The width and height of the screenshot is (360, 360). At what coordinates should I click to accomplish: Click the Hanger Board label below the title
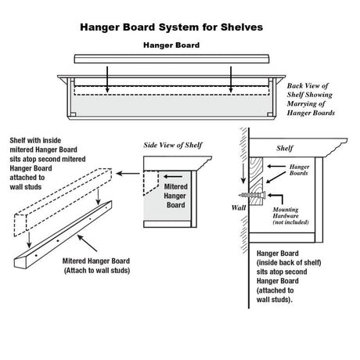click(170, 45)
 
